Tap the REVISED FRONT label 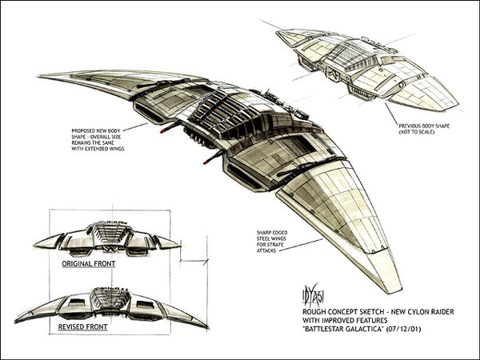coord(86,327)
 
